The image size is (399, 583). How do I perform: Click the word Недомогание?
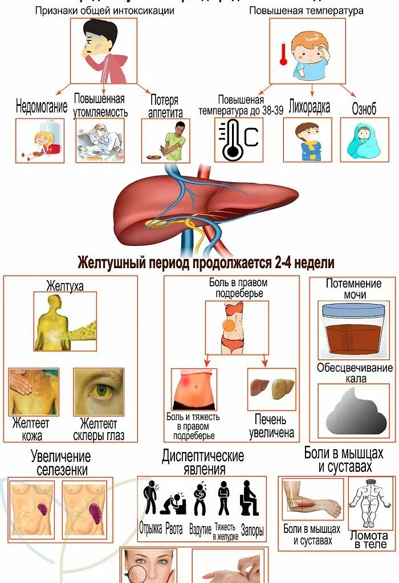click(42, 106)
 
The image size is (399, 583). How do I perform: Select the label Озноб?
click(364, 109)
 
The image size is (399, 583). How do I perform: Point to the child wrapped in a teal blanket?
click(364, 140)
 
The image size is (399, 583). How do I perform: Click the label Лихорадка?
click(310, 106)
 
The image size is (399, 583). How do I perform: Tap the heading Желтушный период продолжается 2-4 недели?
click(206, 263)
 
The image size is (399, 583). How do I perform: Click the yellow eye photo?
click(99, 392)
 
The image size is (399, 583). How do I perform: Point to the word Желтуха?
click(65, 286)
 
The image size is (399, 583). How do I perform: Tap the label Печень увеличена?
click(272, 426)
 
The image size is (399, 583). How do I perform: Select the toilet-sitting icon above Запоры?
click(250, 498)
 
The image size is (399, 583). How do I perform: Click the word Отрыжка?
click(150, 529)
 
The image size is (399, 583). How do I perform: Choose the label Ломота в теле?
click(369, 539)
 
